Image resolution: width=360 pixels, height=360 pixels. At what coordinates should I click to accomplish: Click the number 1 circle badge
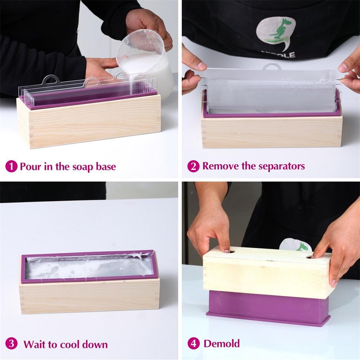tap(12, 166)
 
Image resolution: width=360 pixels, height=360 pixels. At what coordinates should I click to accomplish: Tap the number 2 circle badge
tap(193, 166)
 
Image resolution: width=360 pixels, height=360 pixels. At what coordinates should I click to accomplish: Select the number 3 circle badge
tap(12, 343)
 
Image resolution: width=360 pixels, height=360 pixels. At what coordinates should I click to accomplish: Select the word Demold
tap(221, 343)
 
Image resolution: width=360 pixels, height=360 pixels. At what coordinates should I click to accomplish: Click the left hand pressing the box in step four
tap(209, 230)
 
